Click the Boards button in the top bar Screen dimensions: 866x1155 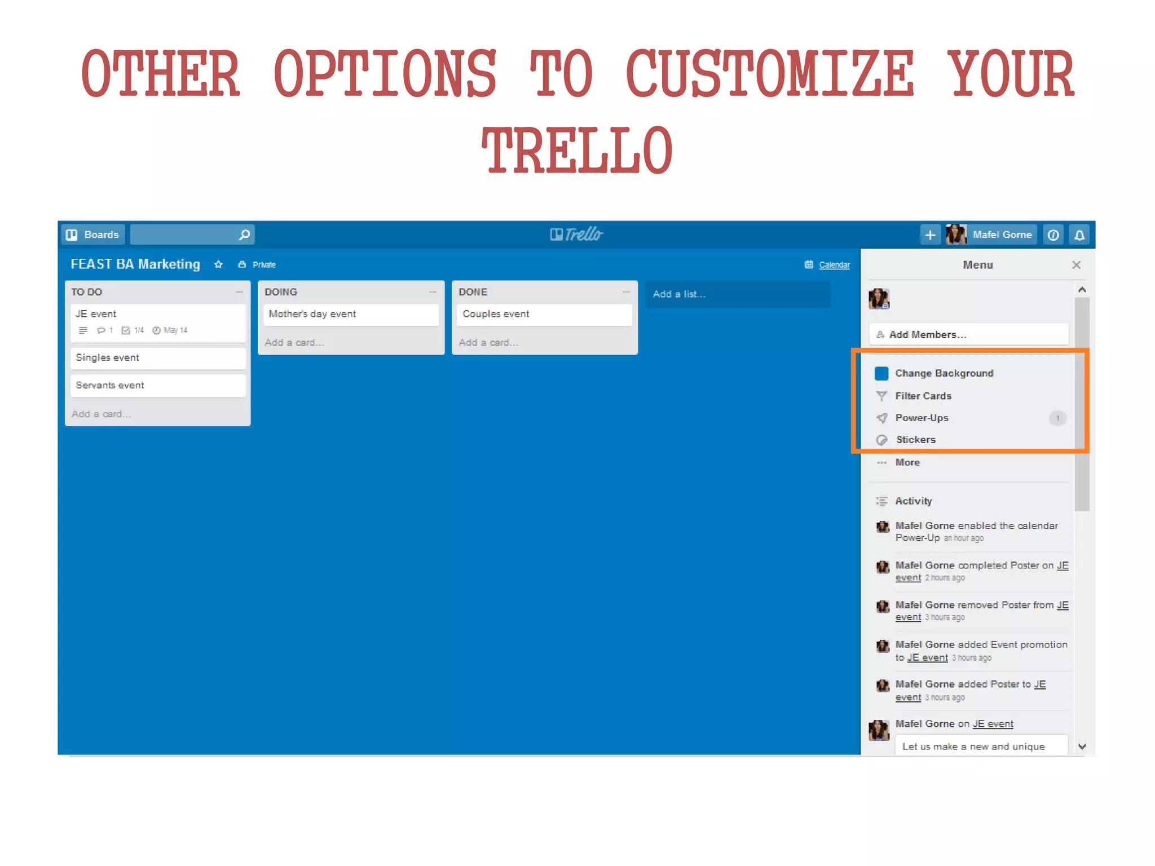[x=92, y=235]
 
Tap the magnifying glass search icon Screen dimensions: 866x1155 [x=244, y=235]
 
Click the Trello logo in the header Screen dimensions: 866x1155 [x=576, y=235]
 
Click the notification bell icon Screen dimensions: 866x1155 [x=1079, y=235]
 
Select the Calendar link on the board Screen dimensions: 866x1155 [x=834, y=265]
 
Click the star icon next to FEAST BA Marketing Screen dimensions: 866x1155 [x=218, y=265]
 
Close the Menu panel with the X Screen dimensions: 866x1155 [x=1076, y=265]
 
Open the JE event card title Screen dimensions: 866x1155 [x=96, y=314]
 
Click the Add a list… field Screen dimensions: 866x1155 [x=737, y=294]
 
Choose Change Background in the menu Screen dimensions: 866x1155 [x=944, y=373]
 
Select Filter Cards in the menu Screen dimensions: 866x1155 [x=923, y=396]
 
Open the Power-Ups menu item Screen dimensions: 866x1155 [x=922, y=418]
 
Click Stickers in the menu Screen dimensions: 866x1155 [x=915, y=440]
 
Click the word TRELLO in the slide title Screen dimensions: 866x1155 [x=577, y=151]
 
